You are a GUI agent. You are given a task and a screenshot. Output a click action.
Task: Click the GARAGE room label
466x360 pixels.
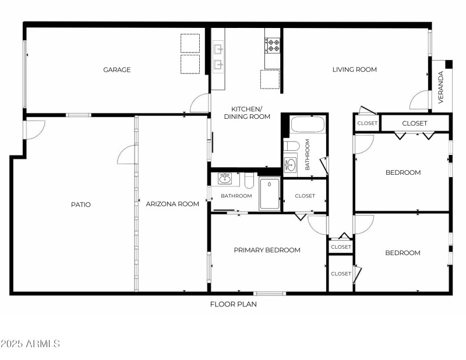pyautogui.click(x=116, y=70)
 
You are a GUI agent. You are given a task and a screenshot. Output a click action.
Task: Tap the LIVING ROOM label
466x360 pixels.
pyautogui.click(x=354, y=70)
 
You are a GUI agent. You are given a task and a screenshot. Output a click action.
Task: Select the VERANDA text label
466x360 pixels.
pyautogui.click(x=440, y=87)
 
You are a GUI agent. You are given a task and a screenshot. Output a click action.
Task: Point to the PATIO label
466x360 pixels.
pyautogui.click(x=81, y=204)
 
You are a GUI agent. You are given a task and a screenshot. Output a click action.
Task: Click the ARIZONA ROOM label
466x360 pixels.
pyautogui.click(x=172, y=204)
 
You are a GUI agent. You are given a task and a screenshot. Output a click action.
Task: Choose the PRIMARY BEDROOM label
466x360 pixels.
pyautogui.click(x=267, y=250)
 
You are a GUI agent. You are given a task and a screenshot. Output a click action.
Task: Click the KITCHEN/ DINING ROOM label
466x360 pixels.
pyautogui.click(x=247, y=113)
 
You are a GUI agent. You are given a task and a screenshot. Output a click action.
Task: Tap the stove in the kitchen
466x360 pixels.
pyautogui.click(x=273, y=44)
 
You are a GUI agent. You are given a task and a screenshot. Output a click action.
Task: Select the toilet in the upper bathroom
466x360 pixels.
pyautogui.click(x=292, y=146)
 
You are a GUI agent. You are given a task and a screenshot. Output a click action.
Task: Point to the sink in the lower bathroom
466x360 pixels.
pyautogui.click(x=224, y=178)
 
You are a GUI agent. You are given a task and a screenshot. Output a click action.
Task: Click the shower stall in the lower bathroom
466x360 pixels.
pyautogui.click(x=269, y=193)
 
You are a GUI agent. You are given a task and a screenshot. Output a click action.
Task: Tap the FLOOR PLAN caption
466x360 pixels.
pyautogui.click(x=233, y=304)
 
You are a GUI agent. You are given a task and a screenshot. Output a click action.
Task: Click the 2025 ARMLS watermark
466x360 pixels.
pyautogui.click(x=30, y=344)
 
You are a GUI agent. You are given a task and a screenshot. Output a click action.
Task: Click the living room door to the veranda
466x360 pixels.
pyautogui.click(x=420, y=100)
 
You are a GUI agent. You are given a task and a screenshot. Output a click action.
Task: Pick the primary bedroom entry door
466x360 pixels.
pyautogui.click(x=317, y=224)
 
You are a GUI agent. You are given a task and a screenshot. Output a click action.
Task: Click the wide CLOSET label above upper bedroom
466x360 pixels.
pyautogui.click(x=414, y=123)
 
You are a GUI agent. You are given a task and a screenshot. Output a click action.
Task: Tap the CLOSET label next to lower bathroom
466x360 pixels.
pyautogui.click(x=305, y=196)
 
